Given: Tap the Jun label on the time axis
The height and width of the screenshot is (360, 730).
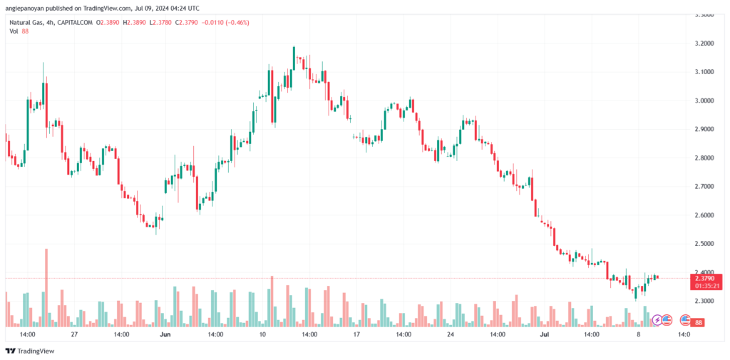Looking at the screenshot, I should click(x=165, y=334).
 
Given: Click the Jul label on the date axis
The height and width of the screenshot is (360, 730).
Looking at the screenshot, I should click(x=545, y=334).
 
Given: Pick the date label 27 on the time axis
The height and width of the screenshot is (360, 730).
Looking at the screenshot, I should click(x=74, y=334).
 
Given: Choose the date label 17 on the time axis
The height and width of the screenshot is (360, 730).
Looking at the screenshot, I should click(x=355, y=334).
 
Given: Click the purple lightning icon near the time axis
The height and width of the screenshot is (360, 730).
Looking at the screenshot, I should click(x=657, y=321).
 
